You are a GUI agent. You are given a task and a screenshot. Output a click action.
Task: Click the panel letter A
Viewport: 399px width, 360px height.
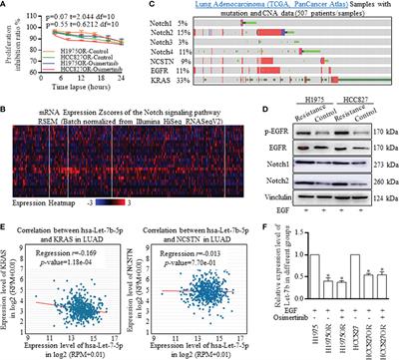6,6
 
